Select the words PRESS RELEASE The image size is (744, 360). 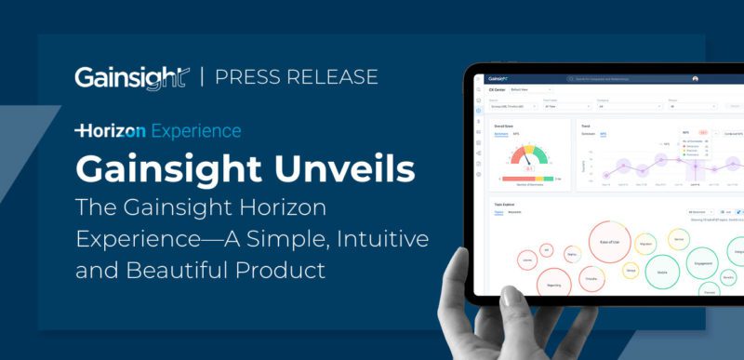point(296,76)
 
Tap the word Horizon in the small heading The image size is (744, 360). point(111,130)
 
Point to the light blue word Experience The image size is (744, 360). point(195,130)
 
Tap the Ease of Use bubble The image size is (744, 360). point(610,241)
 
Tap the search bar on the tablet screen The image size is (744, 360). point(631,79)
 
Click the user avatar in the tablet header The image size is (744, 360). point(721,79)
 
